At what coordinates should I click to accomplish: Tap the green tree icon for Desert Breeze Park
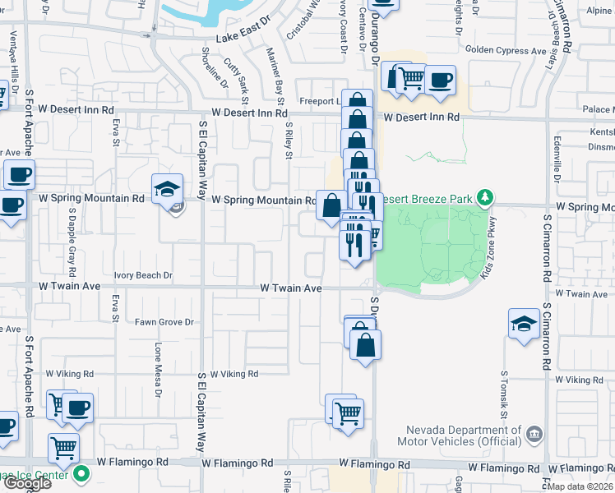coord(487,197)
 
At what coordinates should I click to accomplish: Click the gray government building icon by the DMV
coord(534,432)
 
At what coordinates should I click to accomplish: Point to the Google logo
coord(26,483)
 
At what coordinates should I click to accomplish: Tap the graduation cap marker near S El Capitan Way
coord(166,189)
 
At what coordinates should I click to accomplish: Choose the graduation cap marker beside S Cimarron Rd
coord(524,323)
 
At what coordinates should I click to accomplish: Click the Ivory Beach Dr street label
coord(142,275)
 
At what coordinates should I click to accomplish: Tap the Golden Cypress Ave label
coord(506,51)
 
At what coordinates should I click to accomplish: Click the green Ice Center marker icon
coord(81,474)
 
